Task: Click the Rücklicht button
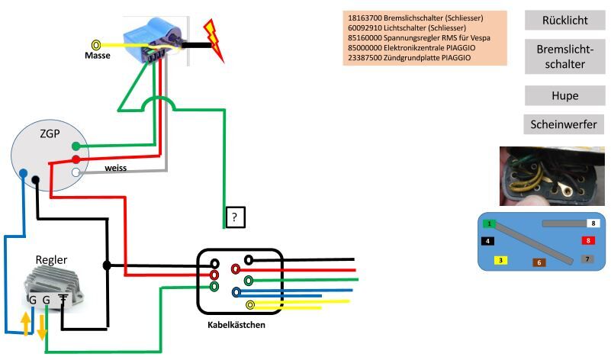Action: [564, 19]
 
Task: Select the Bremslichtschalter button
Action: [564, 56]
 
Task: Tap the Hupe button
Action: [564, 95]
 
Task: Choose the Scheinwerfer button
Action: [564, 124]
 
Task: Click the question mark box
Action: [235, 217]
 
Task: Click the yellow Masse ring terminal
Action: [96, 45]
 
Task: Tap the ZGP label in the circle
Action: [50, 135]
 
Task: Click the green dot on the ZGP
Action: [76, 146]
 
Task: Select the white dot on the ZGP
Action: [76, 173]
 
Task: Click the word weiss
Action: [116, 166]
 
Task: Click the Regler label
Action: [51, 260]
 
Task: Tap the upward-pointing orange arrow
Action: [25, 323]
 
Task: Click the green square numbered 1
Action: [489, 223]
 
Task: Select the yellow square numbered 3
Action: [500, 260]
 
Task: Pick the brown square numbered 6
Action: [539, 262]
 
